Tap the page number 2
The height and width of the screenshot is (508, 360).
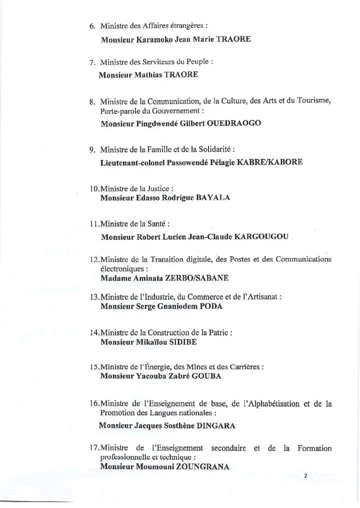pos(305,476)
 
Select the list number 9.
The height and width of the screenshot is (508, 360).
pos(92,149)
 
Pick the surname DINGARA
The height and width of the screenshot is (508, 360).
pos(215,426)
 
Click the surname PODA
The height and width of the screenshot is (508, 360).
pos(211,306)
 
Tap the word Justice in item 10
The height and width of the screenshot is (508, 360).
pos(158,189)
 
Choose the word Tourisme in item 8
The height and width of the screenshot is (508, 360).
pos(313,101)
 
